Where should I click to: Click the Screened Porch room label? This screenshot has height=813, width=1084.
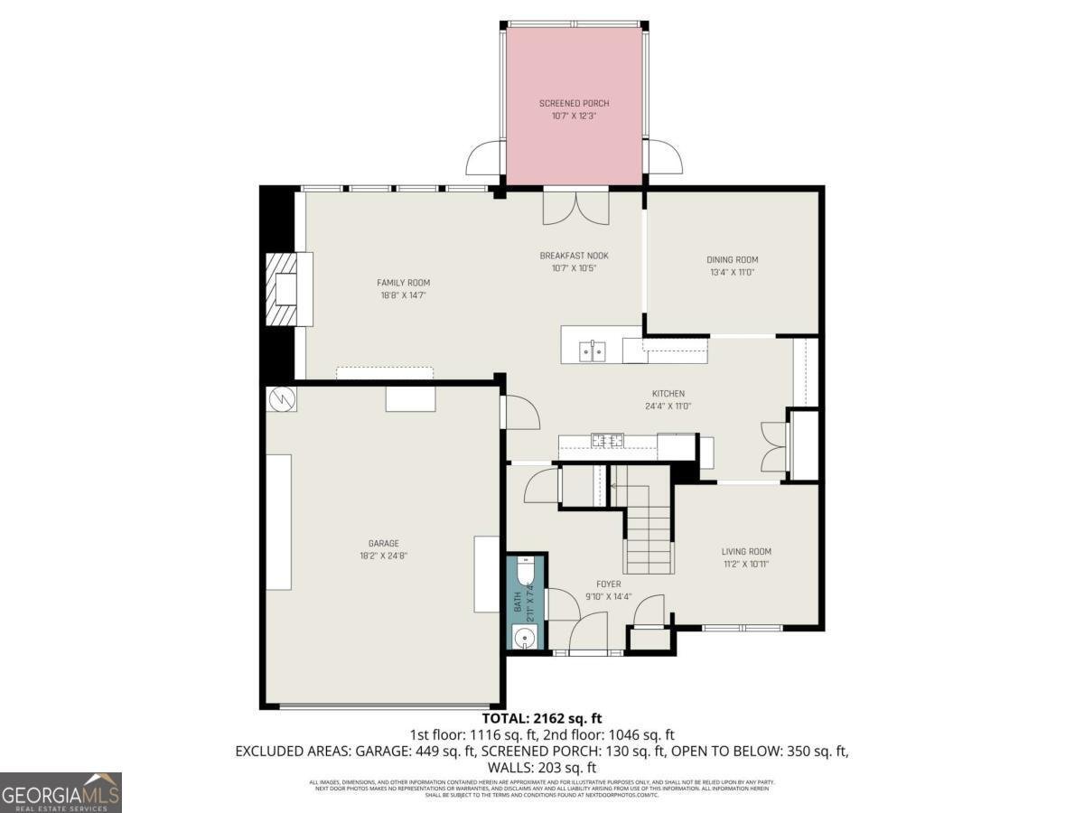point(574,104)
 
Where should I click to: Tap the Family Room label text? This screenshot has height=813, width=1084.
point(403,283)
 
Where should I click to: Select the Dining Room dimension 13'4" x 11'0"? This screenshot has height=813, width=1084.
point(732,272)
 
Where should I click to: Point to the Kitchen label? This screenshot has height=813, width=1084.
point(668,394)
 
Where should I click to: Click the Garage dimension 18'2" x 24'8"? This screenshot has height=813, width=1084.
point(383,556)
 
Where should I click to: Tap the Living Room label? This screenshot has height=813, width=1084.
point(746,551)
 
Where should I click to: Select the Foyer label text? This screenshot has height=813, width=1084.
point(608,584)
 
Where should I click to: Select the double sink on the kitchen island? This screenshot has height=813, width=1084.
point(593,350)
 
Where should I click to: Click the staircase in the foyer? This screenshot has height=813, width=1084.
point(649,537)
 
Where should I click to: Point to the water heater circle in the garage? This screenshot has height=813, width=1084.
point(281,397)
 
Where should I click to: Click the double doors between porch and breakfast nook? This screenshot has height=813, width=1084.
point(576,206)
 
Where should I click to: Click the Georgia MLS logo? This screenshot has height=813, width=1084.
point(61,792)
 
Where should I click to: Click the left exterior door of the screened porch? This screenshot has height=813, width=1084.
point(485,159)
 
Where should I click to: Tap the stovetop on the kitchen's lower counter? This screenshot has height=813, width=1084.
point(608,441)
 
